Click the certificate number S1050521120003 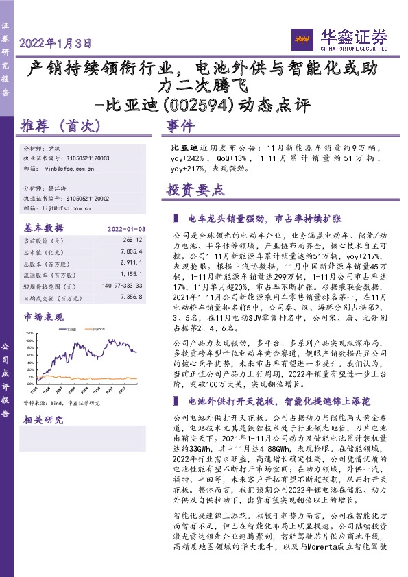pos(93,158)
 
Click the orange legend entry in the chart pos(97,329)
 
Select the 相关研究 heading pos(42,420)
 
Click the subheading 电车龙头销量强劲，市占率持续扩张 pos(264,219)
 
